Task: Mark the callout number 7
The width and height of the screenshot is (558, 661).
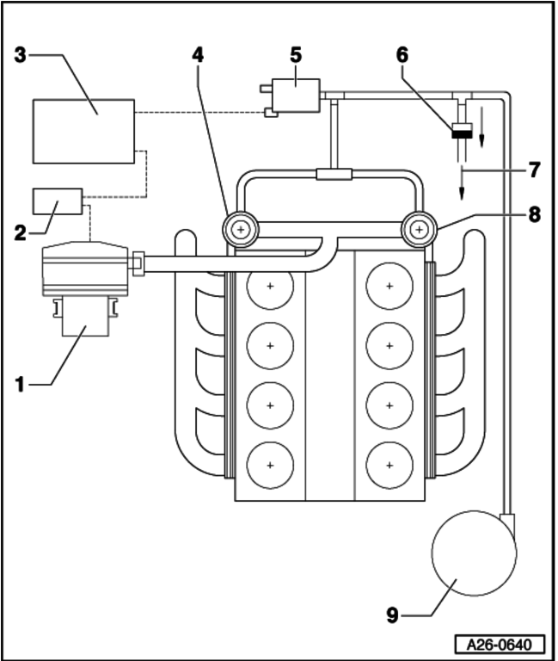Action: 534,170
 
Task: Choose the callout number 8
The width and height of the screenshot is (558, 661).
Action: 534,215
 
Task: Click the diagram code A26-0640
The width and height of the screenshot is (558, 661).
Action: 501,644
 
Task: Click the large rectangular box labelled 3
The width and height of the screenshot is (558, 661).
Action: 83,131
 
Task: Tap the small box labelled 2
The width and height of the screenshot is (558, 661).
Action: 58,201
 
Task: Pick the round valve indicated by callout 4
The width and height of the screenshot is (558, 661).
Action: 242,230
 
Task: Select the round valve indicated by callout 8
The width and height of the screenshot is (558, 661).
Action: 420,230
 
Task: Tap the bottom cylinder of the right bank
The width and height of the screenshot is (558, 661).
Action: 390,465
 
